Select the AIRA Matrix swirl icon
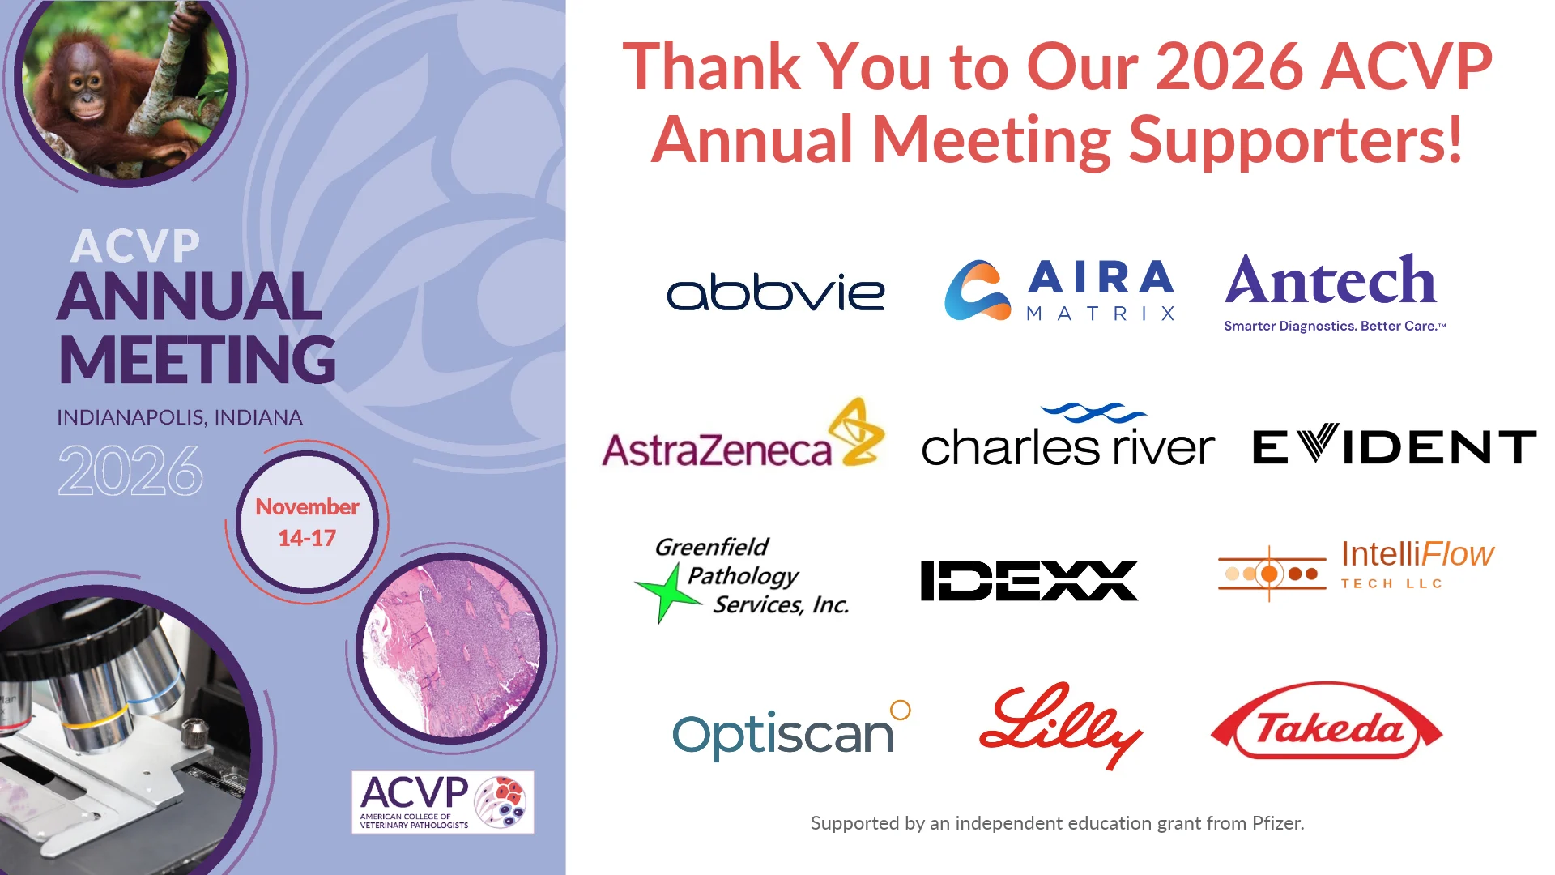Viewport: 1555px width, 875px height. pos(978,290)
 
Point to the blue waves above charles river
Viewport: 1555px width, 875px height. pos(1093,413)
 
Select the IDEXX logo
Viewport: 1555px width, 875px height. pos(1029,580)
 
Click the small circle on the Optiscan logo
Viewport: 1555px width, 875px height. pos(901,710)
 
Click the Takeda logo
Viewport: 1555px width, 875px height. pos(1327,721)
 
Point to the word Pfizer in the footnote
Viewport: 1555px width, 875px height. pos(1278,823)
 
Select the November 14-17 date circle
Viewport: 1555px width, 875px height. pos(308,522)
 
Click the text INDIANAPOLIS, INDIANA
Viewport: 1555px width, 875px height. pos(180,417)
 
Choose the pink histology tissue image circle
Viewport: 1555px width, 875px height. pos(452,648)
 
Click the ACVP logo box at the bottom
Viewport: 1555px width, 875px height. pos(443,802)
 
